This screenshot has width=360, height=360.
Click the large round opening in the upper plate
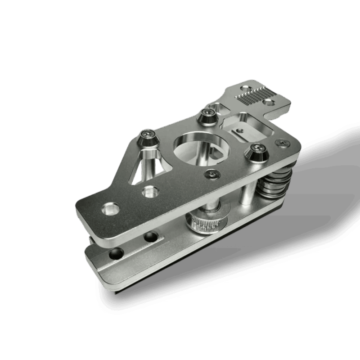192,146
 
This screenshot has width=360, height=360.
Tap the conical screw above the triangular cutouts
147,137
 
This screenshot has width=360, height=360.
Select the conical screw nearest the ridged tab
208,116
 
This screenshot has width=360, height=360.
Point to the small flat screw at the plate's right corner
283,143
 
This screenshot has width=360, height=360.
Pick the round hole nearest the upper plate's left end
110,209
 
